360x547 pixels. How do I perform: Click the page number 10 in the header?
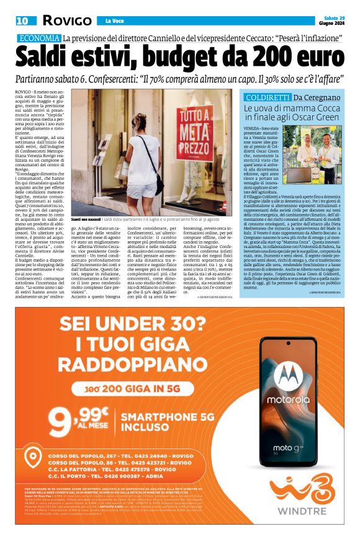[22, 21]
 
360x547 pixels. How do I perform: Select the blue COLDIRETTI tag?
[267, 98]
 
